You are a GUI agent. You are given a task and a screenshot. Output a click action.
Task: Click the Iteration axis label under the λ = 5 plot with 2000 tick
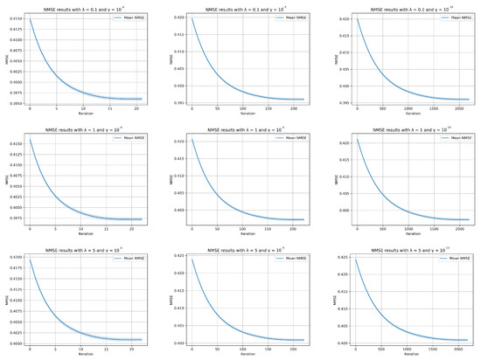407,353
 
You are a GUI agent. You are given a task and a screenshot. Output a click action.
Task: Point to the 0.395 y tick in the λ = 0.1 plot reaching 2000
343,101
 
